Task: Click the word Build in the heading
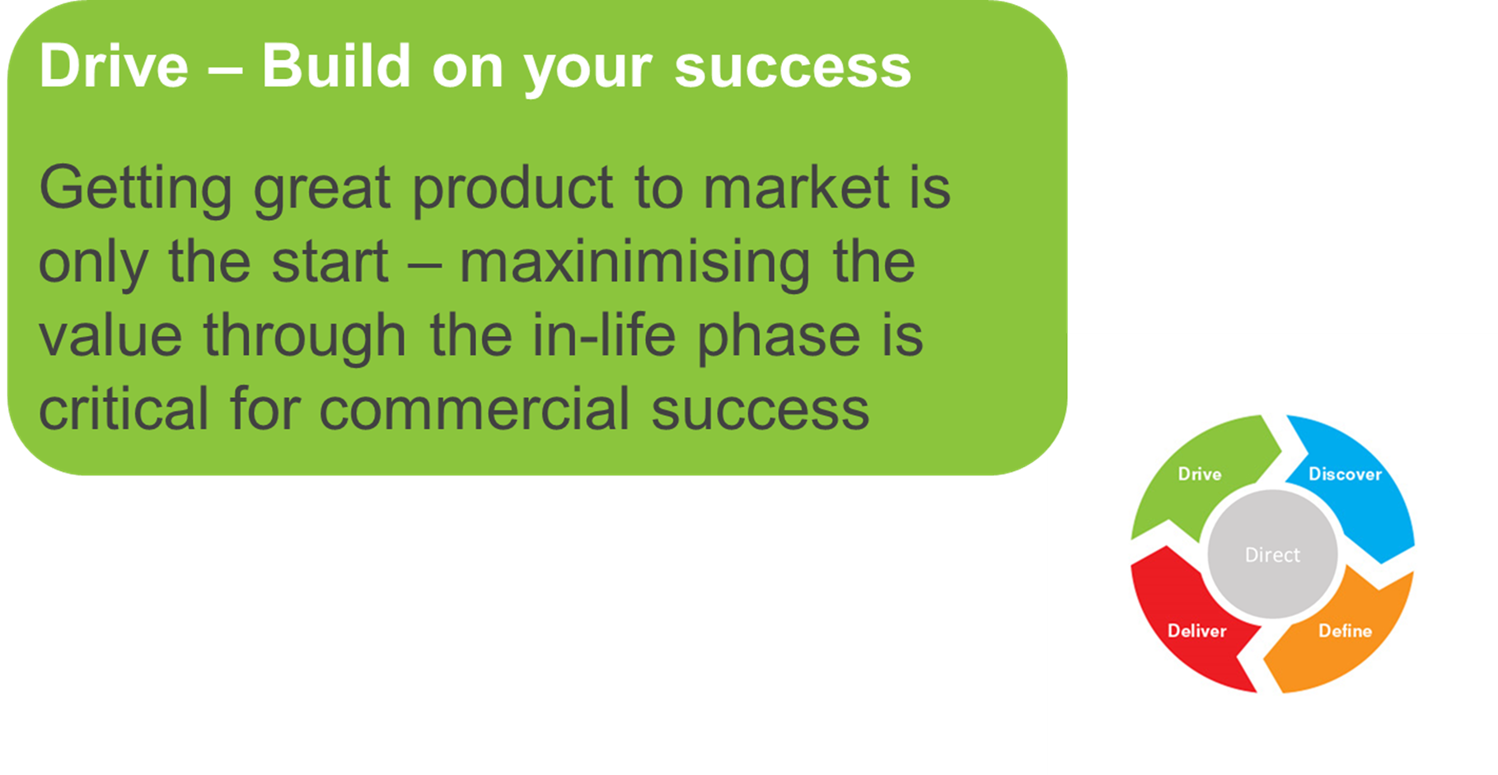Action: tap(336, 66)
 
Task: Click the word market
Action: tap(796, 188)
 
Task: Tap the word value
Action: tap(110, 336)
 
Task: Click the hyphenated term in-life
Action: tap(604, 335)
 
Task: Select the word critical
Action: tap(124, 409)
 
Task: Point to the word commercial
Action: tap(475, 409)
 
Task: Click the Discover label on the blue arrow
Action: tap(1345, 474)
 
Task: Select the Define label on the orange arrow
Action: tap(1345, 631)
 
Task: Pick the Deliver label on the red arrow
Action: tap(1197, 631)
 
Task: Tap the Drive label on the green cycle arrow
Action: tap(1200, 474)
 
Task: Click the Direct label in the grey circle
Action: tap(1272, 555)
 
